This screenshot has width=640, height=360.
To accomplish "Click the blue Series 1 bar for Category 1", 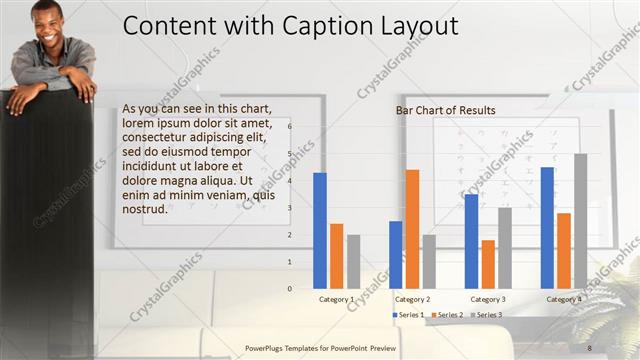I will coord(320,230).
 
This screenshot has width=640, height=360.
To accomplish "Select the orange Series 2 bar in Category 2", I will coord(412,229).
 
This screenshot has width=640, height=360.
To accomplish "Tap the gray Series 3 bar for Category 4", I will coord(581,221).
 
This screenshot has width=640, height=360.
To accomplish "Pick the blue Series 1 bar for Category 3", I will coord(471,241).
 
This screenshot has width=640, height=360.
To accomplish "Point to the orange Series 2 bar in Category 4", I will coord(564,250).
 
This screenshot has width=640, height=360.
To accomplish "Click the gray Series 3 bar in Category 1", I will coord(354,261).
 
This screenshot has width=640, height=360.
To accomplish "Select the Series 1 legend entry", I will coord(410,315).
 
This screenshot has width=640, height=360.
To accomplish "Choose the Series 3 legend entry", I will coord(486,315).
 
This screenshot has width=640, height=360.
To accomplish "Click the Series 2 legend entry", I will coord(448,315).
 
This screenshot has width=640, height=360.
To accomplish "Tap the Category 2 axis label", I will coord(413,299).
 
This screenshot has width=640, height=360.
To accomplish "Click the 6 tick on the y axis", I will coord(290,127).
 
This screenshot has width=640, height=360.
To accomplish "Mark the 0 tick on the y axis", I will coord(290,289).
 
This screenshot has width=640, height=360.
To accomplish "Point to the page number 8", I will coord(589,347).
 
